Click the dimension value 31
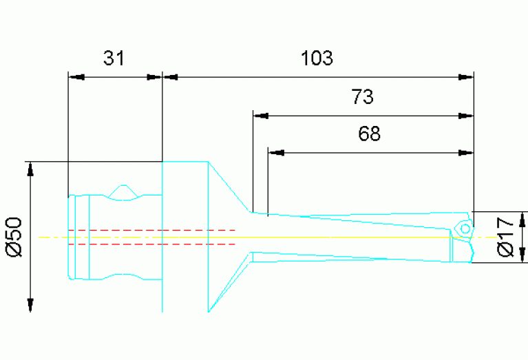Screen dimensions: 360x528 click(114, 59)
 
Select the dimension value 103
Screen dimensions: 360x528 click(317, 59)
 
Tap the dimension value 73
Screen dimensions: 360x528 click(362, 97)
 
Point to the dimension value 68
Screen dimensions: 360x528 click(370, 134)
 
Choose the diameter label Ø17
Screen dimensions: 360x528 click(505, 236)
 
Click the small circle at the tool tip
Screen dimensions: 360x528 click(465, 228)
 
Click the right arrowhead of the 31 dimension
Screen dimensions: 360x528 click(154, 76)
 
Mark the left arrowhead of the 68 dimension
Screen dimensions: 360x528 click(275, 151)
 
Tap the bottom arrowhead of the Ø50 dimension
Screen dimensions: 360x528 click(30, 304)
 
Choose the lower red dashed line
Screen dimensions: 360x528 click(151, 244)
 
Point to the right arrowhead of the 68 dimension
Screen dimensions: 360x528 click(467, 151)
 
